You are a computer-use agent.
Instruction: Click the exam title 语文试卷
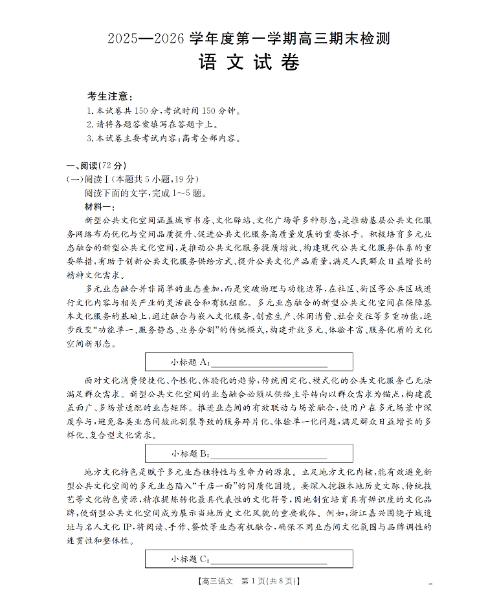point(249,63)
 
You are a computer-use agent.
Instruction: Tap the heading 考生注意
point(110,96)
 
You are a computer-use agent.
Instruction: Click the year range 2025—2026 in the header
point(146,39)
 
